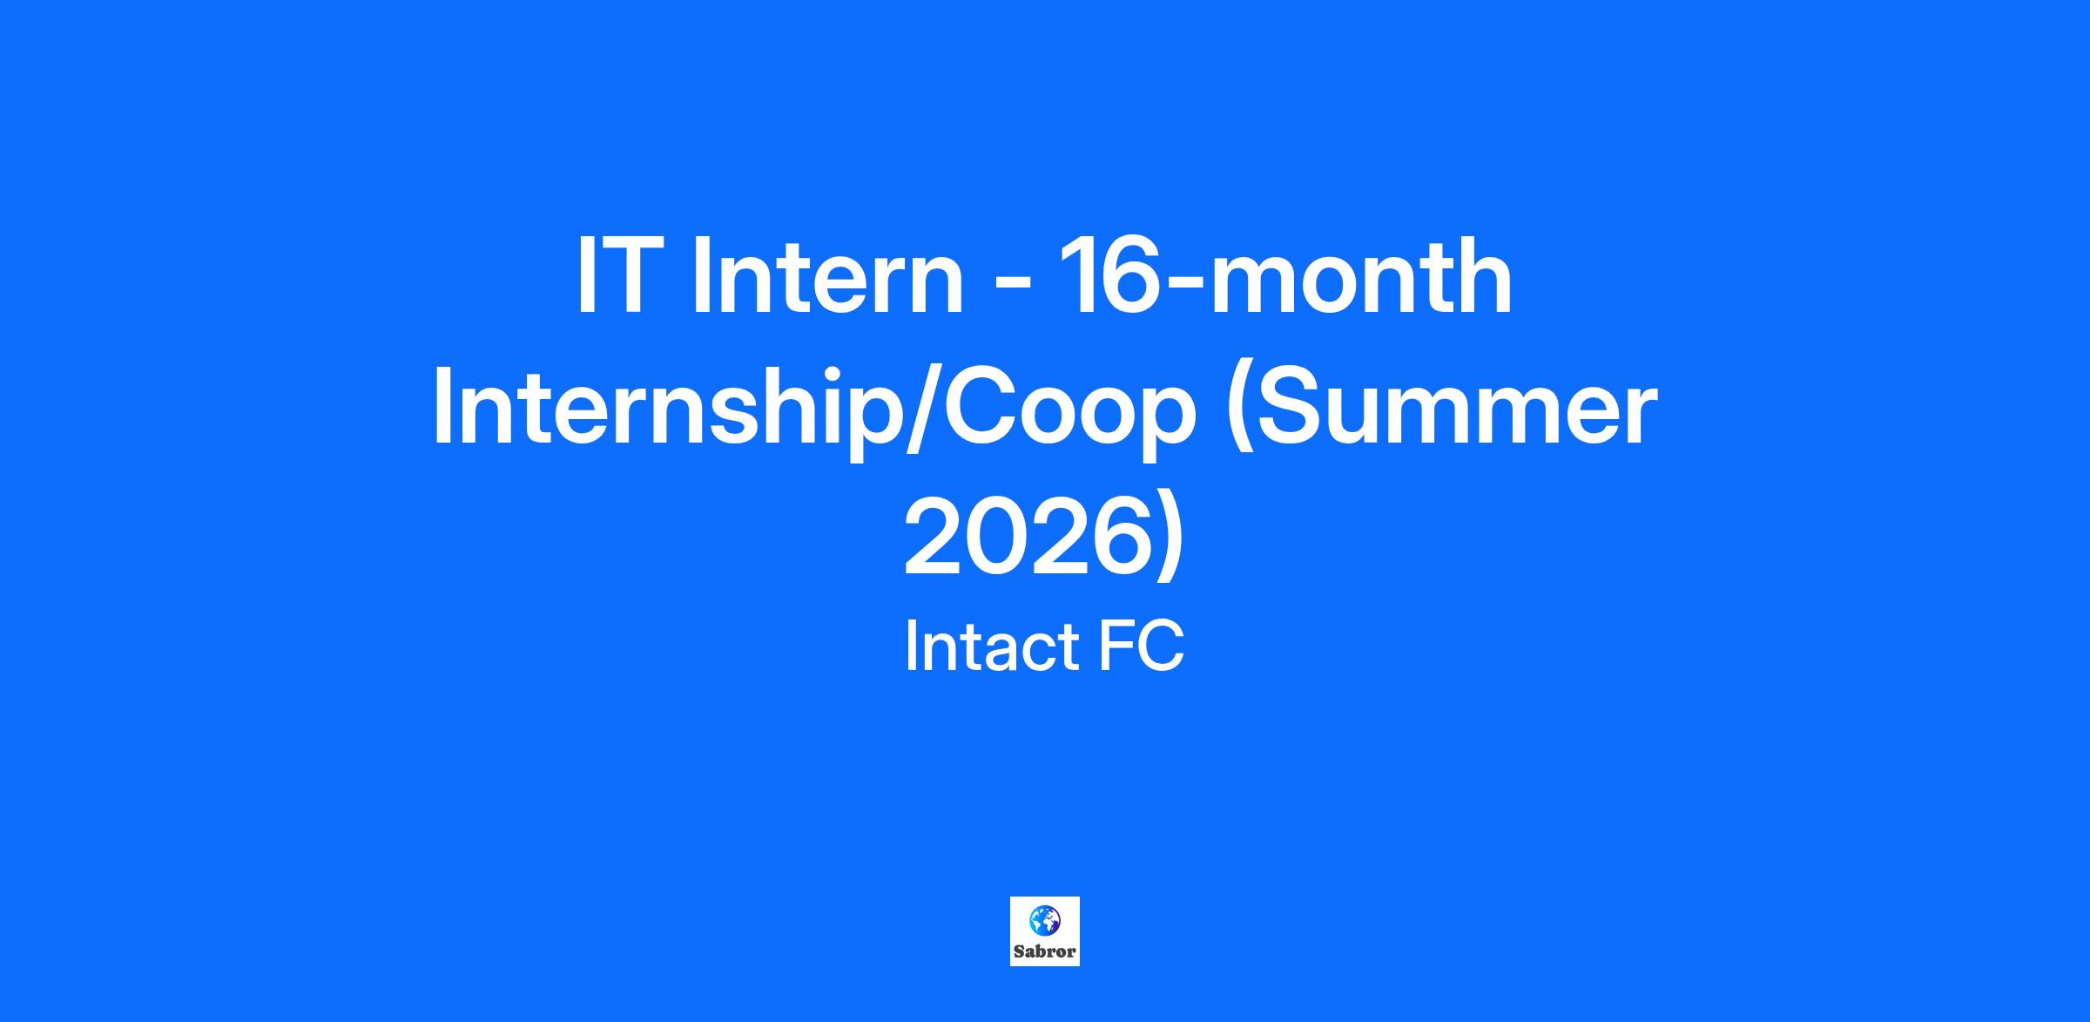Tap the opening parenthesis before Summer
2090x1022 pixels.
click(x=1242, y=414)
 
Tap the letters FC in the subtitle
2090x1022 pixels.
click(x=1142, y=646)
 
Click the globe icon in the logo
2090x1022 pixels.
click(x=1044, y=919)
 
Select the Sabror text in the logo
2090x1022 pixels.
click(x=1044, y=951)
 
